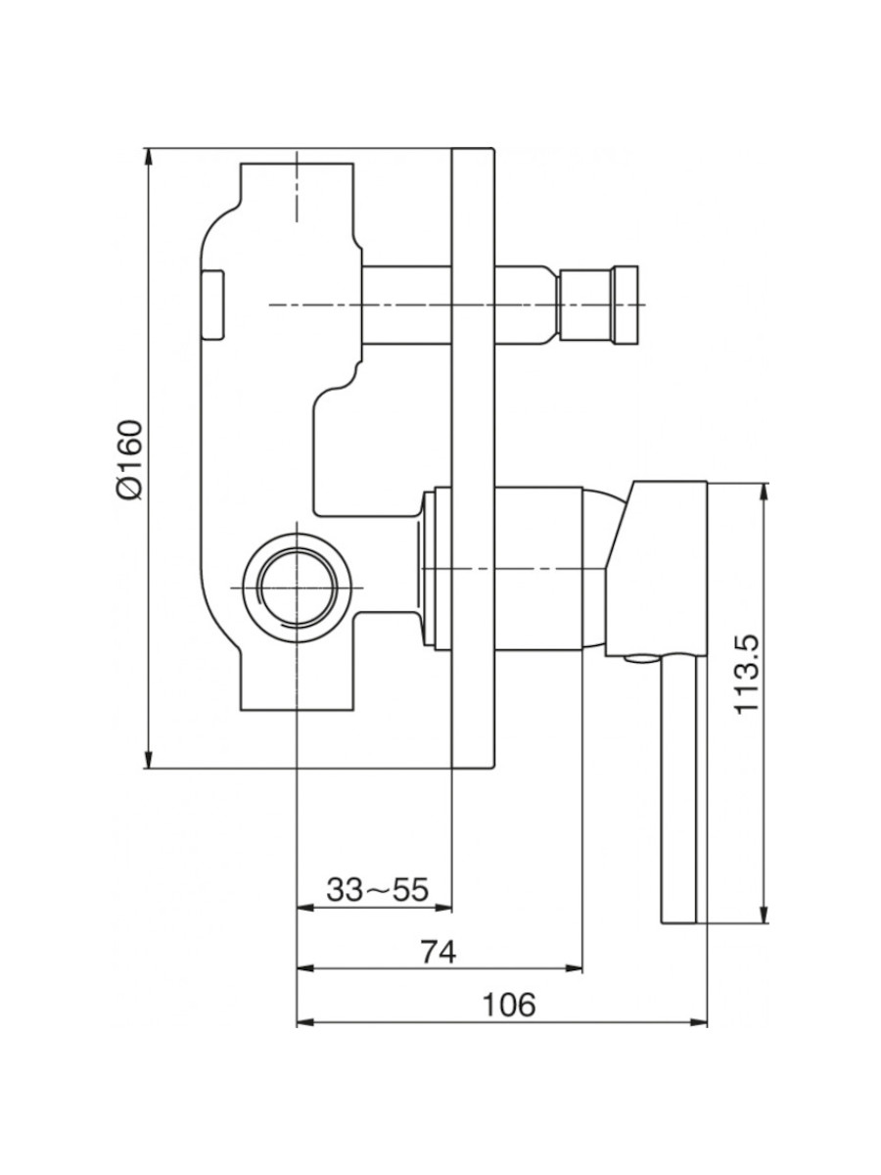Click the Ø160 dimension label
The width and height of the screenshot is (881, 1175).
coord(130,460)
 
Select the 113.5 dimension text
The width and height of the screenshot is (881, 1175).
coord(746,674)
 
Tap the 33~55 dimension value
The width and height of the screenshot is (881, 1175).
coord(378,890)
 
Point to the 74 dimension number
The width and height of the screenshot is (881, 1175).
coord(439,952)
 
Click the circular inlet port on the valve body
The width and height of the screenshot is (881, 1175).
coord(297,587)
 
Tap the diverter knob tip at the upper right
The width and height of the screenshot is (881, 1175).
coord(626,305)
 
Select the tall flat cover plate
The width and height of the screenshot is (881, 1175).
coord(473,459)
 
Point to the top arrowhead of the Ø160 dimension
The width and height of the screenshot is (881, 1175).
coord(149,157)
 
